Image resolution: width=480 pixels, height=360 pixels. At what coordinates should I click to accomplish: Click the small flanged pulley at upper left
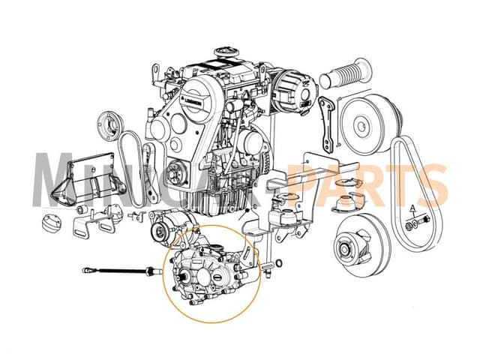[109, 123]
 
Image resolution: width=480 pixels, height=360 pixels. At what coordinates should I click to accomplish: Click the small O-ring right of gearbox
[279, 263]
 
